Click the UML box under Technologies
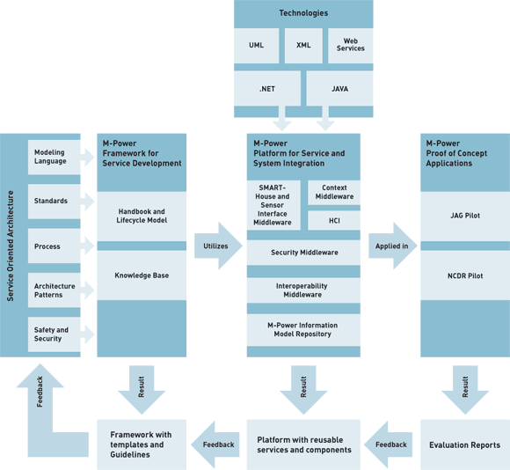(x=256, y=46)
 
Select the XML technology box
(x=303, y=46)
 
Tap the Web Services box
(x=350, y=46)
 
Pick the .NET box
(x=267, y=89)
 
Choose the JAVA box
(x=339, y=89)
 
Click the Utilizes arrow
(x=218, y=246)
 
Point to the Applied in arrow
(x=392, y=246)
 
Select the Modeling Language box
(x=54, y=158)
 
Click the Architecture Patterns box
(x=54, y=290)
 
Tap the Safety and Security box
(x=54, y=334)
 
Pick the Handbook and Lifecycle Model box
(x=142, y=217)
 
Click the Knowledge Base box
(x=142, y=275)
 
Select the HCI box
(x=334, y=221)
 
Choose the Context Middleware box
(x=334, y=193)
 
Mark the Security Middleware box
(x=303, y=253)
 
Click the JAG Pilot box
(x=465, y=217)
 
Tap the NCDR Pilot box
(x=465, y=275)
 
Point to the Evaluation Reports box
(x=465, y=444)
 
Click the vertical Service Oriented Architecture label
(x=11, y=246)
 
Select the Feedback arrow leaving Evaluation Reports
(x=389, y=444)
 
